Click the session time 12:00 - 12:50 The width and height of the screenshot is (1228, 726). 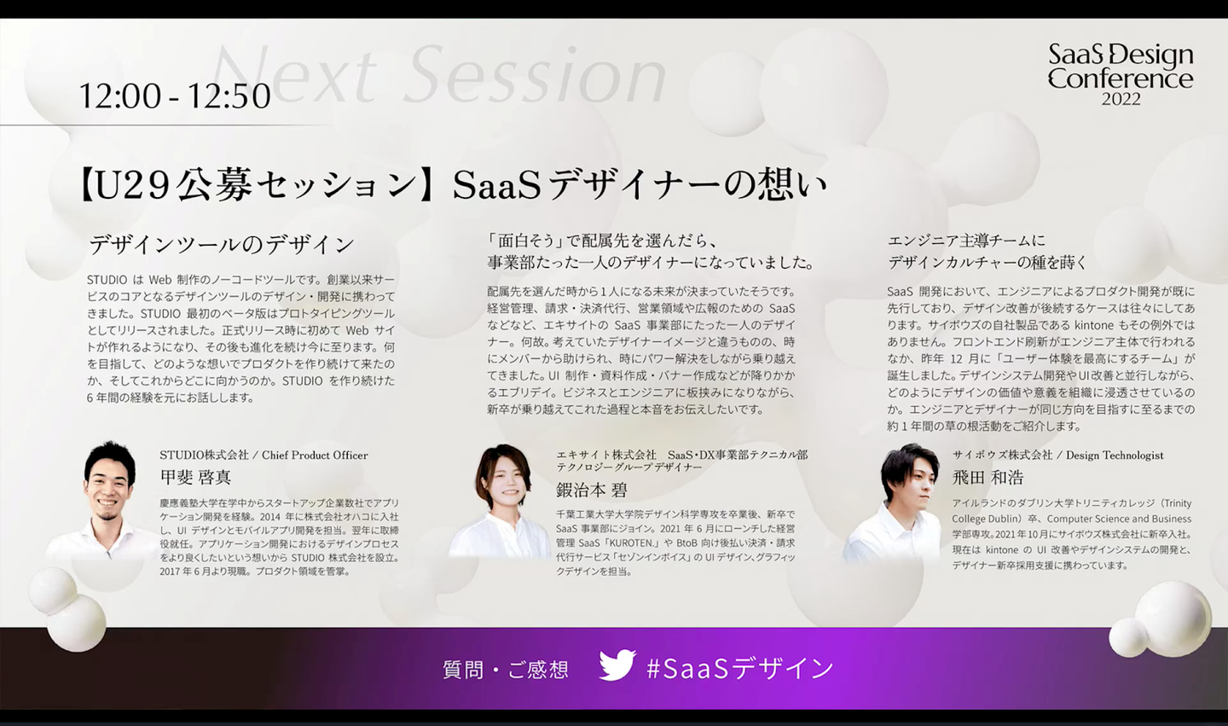click(175, 96)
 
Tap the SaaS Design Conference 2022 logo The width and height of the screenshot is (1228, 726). click(1121, 74)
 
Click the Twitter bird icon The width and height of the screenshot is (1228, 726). click(617, 665)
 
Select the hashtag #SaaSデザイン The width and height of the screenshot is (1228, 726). click(740, 668)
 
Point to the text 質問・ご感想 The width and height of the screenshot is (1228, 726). click(506, 670)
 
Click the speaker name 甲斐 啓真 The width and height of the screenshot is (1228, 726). click(195, 477)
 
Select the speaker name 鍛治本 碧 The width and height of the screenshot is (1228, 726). click(591, 489)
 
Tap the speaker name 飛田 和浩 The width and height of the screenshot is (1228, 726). click(988, 478)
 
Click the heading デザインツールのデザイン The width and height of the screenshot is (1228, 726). click(222, 245)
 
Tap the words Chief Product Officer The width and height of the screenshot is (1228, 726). click(315, 455)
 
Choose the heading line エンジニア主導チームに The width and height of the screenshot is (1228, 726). click(966, 241)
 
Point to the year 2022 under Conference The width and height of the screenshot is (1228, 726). click(1121, 99)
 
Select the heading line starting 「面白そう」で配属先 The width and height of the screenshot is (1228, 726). click(602, 241)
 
